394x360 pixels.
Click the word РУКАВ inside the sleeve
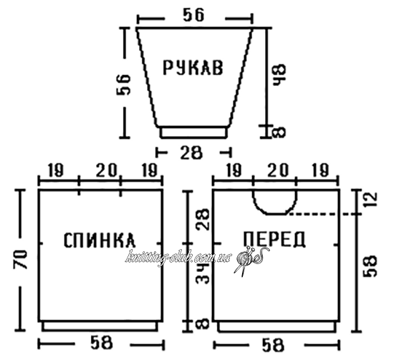193,67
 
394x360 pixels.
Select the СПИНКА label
100,240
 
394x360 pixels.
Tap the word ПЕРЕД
274,239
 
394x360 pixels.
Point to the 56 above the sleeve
193,15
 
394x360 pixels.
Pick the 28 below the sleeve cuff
191,152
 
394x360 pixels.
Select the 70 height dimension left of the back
20,259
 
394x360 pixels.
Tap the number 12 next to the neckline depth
371,199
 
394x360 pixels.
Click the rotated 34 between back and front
203,273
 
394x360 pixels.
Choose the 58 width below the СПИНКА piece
101,343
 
